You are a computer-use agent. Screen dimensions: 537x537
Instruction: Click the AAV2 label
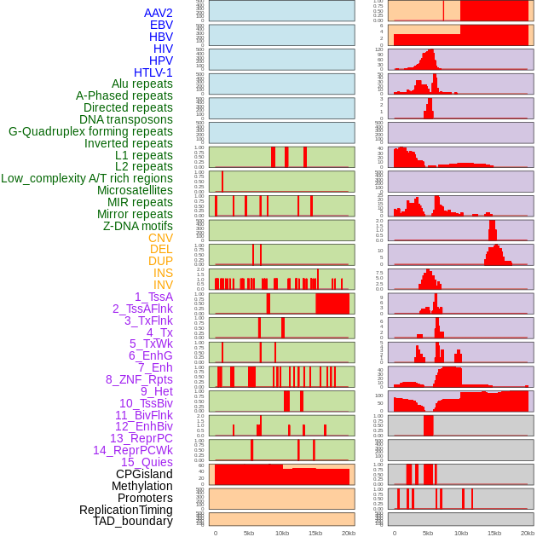(x=158, y=13)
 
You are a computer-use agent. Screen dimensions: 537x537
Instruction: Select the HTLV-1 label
(x=153, y=72)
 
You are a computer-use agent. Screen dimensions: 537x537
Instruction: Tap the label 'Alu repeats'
(x=141, y=84)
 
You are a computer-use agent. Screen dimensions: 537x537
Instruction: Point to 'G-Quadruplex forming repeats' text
(x=90, y=131)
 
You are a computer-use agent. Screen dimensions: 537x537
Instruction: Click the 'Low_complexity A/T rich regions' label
(x=87, y=178)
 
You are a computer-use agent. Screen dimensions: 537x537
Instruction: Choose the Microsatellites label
(x=135, y=190)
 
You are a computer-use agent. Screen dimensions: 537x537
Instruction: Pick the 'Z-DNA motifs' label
(x=137, y=226)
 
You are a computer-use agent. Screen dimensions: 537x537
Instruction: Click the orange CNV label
(x=160, y=238)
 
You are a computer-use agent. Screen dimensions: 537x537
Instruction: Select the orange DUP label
(x=160, y=261)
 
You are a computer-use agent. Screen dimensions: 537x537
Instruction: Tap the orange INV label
(x=162, y=285)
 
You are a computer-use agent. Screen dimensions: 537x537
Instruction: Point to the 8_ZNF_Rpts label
(x=139, y=379)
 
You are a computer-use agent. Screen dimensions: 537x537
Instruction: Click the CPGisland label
(x=144, y=474)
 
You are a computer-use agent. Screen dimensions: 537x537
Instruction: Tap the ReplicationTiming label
(x=125, y=510)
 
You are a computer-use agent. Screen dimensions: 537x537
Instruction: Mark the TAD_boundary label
(x=132, y=521)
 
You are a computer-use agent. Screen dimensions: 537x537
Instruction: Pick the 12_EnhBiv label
(x=143, y=426)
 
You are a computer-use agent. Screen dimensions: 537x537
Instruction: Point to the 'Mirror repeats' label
(x=135, y=214)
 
